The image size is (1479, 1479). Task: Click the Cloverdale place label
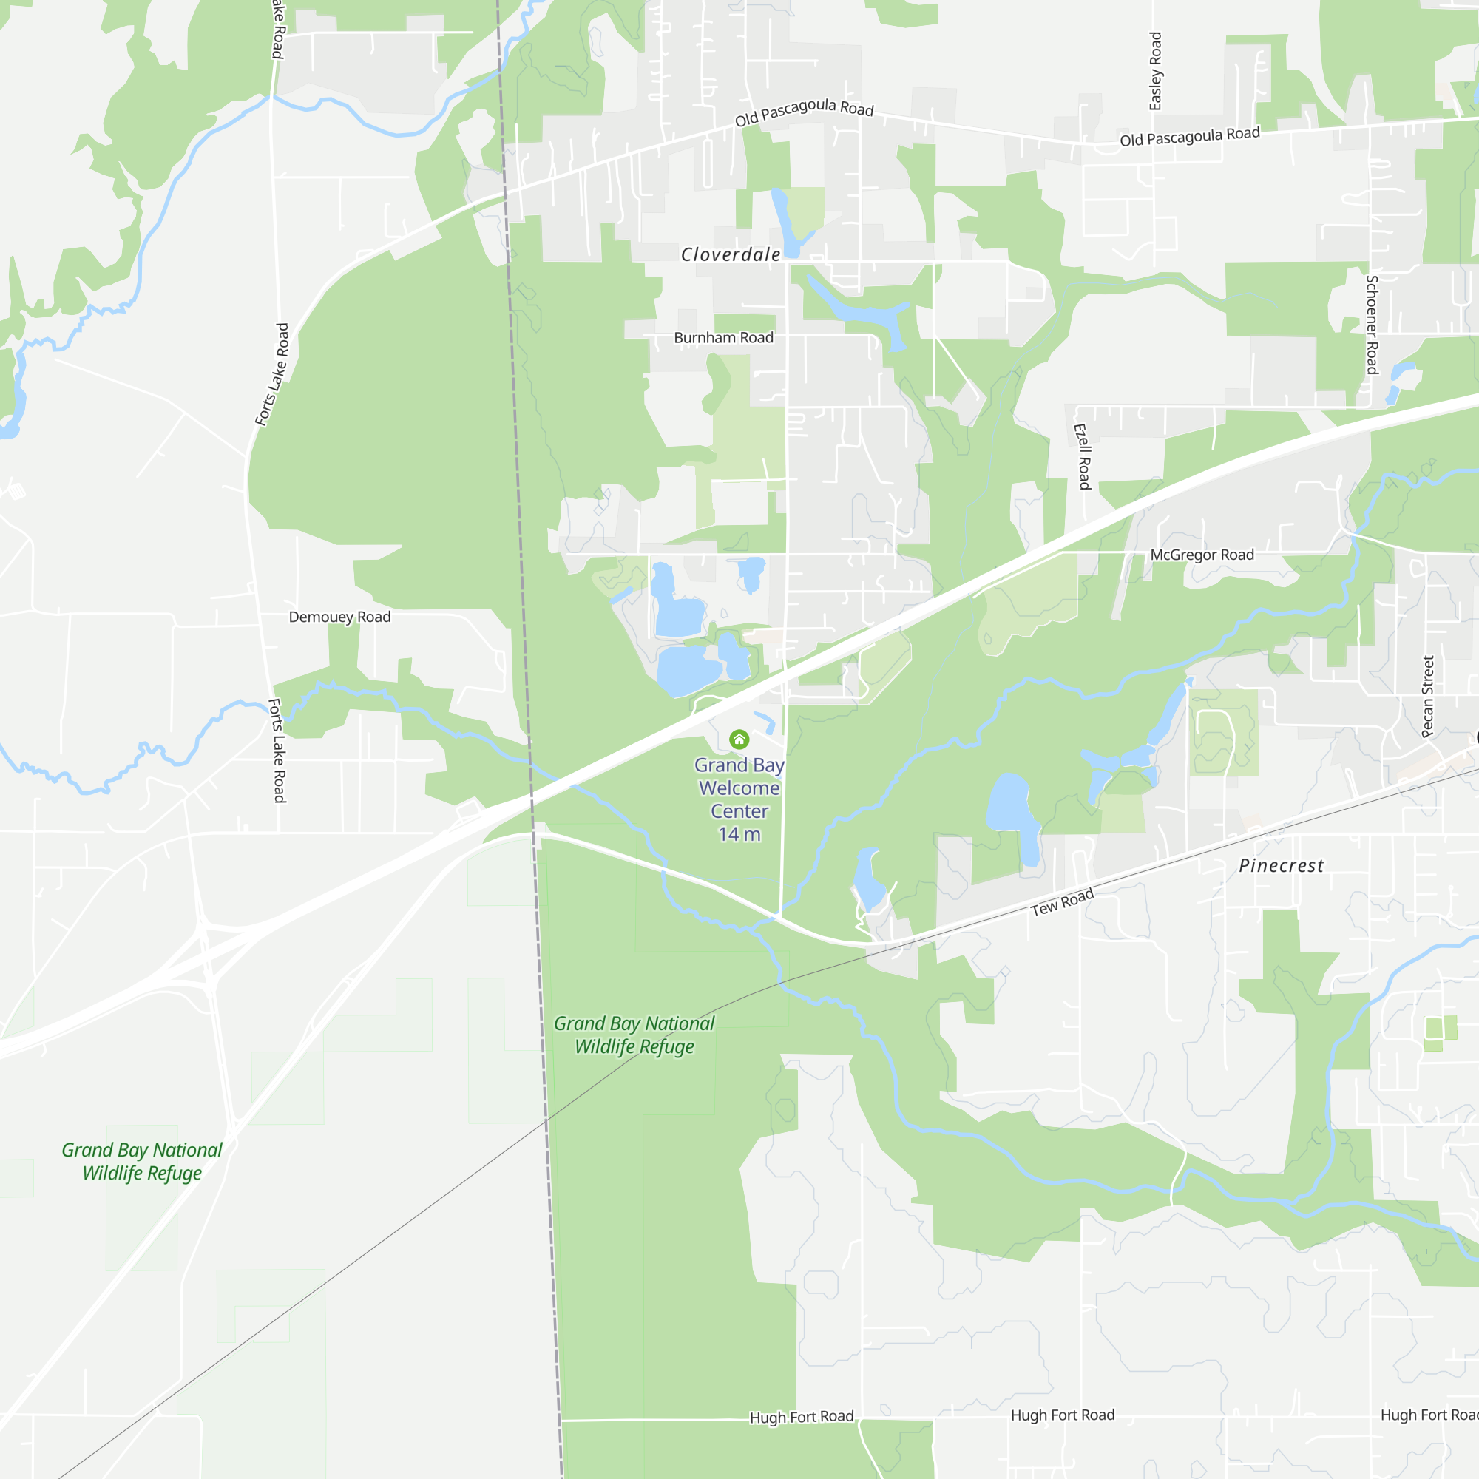pos(731,255)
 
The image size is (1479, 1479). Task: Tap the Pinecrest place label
pos(1281,866)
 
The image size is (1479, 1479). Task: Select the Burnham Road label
pos(723,338)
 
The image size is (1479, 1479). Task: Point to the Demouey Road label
pos(339,617)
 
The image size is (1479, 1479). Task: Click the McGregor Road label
pos(1202,555)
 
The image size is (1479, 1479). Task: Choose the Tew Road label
pos(1062,902)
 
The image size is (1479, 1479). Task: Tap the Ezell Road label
pos(1083,456)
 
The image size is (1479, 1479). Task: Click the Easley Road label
pos(1155,71)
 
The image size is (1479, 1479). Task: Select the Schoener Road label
pos(1373,325)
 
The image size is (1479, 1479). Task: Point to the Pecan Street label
pos(1428,697)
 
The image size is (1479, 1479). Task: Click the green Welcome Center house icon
pos(739,739)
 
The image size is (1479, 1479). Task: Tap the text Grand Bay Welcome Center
pos(739,788)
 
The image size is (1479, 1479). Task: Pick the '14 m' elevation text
pos(739,834)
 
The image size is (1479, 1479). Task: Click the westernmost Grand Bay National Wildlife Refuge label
pos(142,1161)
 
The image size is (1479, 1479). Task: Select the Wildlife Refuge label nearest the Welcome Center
pos(634,1035)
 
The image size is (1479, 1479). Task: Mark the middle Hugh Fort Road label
pos(1063,1415)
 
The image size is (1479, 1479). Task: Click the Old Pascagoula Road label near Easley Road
pos(1190,137)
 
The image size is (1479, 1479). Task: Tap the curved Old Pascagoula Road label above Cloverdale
pos(804,112)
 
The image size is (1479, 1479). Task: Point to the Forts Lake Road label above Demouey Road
pos(273,373)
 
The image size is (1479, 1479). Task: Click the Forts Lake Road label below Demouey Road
pos(277,750)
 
